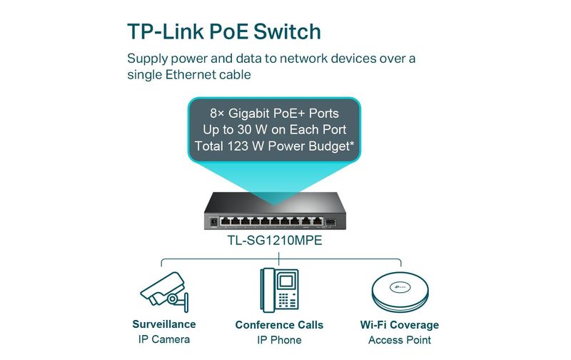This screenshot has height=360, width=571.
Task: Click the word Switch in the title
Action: [x=287, y=31]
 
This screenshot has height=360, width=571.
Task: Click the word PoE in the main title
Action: [x=228, y=31]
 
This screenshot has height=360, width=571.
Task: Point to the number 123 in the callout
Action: [x=239, y=146]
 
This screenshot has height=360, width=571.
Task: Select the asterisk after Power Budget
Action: [x=351, y=144]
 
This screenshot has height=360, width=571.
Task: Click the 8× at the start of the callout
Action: [x=217, y=114]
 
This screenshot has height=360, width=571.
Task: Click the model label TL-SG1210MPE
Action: [x=275, y=241]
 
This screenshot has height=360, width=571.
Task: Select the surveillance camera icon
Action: [x=165, y=292]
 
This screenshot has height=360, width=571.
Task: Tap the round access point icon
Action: [x=400, y=292]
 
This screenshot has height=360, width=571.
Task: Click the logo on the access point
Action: [x=400, y=287]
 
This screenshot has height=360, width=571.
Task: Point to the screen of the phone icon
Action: [x=286, y=281]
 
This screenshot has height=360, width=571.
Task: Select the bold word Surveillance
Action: [x=164, y=324]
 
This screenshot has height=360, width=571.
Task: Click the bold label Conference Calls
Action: [x=279, y=325]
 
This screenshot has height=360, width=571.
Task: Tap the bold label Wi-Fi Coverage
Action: [x=400, y=325]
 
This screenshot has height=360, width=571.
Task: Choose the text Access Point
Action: [x=400, y=340]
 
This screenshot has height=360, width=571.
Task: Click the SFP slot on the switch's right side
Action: [x=330, y=221]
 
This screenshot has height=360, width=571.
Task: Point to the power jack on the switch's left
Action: [x=213, y=221]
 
